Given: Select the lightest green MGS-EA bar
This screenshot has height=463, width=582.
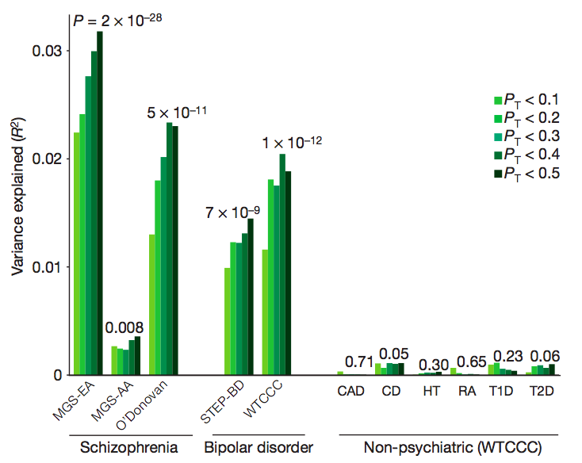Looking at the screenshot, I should coord(76,254).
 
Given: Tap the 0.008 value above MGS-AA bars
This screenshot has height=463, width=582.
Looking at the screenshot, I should coord(125,327).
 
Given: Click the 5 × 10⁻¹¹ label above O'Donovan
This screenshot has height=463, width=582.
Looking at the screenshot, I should coord(178,113).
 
